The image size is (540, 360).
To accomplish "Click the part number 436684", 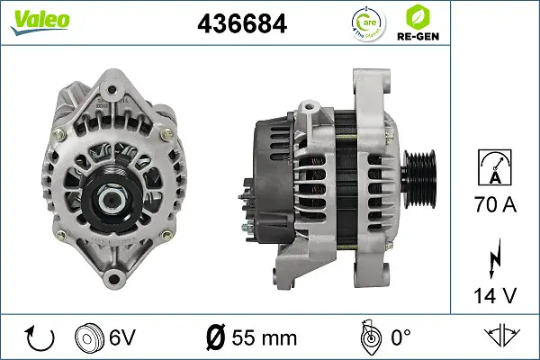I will tap(242, 24).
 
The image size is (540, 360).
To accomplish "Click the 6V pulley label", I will tap(122, 338).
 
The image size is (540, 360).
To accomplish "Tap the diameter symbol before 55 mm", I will tap(216, 338).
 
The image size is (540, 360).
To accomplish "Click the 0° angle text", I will tap(398, 338).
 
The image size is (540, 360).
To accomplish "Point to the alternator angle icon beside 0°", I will tap(366, 337).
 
